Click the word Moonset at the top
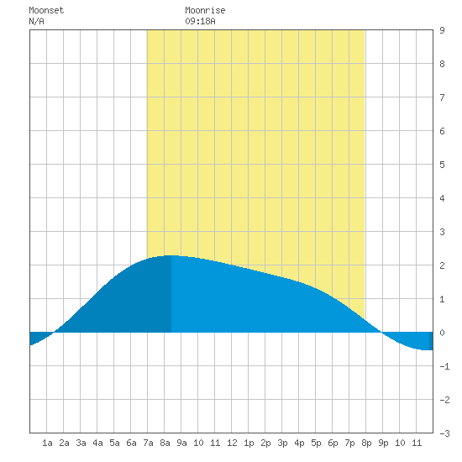pyautogui.click(x=46, y=10)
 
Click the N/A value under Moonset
pyautogui.click(x=36, y=21)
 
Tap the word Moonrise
pyautogui.click(x=205, y=10)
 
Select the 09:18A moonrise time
pyautogui.click(x=201, y=21)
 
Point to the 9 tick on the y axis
pyautogui.click(x=442, y=30)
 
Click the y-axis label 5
pyautogui.click(x=442, y=165)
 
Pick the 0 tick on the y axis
pyautogui.click(x=442, y=333)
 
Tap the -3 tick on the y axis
pyautogui.click(x=444, y=433)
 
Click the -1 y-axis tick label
pyautogui.click(x=444, y=366)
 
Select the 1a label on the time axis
pyautogui.click(x=47, y=443)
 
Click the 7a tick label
pyautogui.click(x=148, y=443)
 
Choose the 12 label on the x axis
pyautogui.click(x=232, y=443)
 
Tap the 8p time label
pyautogui.click(x=366, y=443)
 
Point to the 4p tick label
pyautogui.click(x=299, y=443)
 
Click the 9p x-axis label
pyautogui.click(x=383, y=443)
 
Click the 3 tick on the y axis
pyautogui.click(x=442, y=232)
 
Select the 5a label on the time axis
pyautogui.click(x=114, y=443)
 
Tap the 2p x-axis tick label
pyautogui.click(x=265, y=443)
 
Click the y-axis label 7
pyautogui.click(x=442, y=97)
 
